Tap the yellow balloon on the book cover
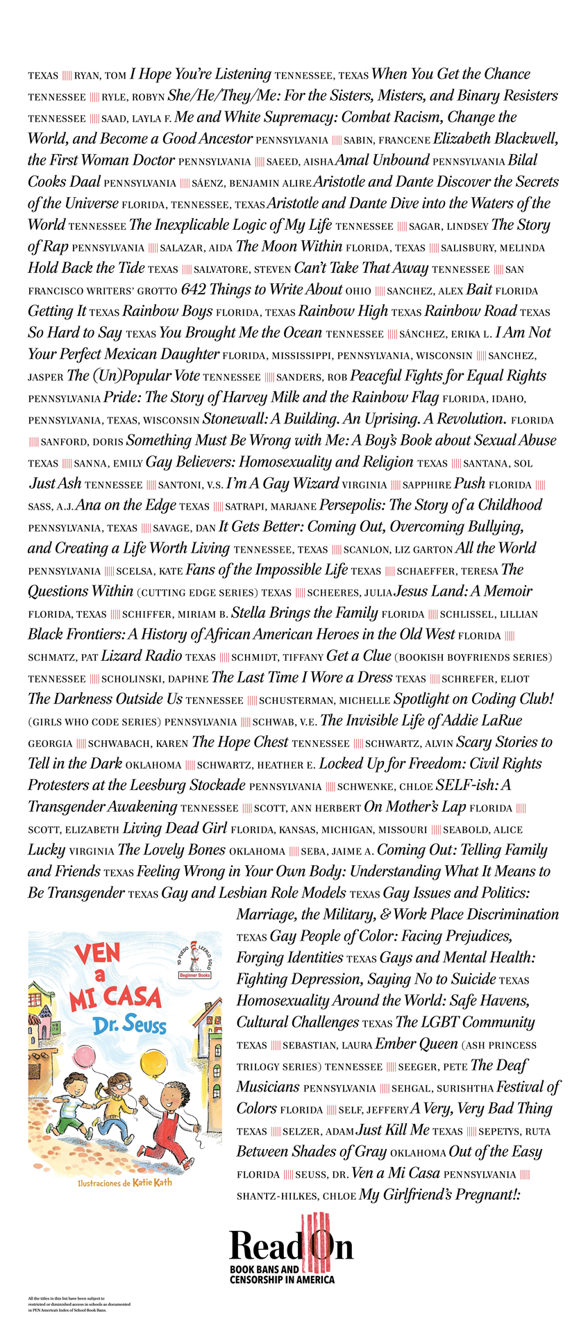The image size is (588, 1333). (153, 1063)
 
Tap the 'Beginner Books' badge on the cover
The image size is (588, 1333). (195, 975)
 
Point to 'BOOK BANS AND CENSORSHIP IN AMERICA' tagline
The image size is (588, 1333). (282, 1275)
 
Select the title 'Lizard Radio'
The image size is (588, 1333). (142, 656)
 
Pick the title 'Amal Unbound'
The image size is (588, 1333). (383, 160)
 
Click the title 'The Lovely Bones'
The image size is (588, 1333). (171, 850)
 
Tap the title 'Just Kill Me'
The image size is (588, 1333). (393, 1130)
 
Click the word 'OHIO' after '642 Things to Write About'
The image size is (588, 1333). (358, 291)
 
